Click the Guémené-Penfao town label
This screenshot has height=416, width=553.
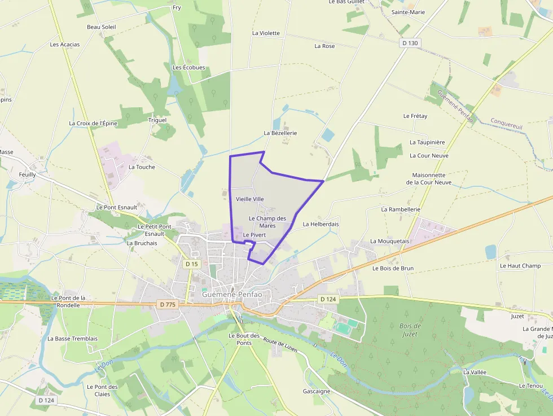232,294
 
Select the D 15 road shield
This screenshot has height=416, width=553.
192,264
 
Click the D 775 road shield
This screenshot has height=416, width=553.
168,304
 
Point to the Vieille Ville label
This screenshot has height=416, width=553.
249,199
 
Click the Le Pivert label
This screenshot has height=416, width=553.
254,235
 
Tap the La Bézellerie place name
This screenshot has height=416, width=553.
280,133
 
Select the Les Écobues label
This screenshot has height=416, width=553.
188,67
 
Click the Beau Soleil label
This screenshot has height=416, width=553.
101,27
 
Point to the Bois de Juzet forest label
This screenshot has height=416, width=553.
410,330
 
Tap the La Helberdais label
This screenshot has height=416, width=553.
321,224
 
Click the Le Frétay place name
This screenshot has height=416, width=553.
415,116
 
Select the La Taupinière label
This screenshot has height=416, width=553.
427,142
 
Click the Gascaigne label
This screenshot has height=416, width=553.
316,391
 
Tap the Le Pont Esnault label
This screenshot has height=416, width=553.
117,207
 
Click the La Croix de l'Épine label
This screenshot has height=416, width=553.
93,123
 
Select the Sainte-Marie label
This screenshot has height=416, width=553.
408,12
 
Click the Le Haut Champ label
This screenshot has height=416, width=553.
520,265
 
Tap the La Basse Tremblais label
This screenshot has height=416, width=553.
72,339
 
